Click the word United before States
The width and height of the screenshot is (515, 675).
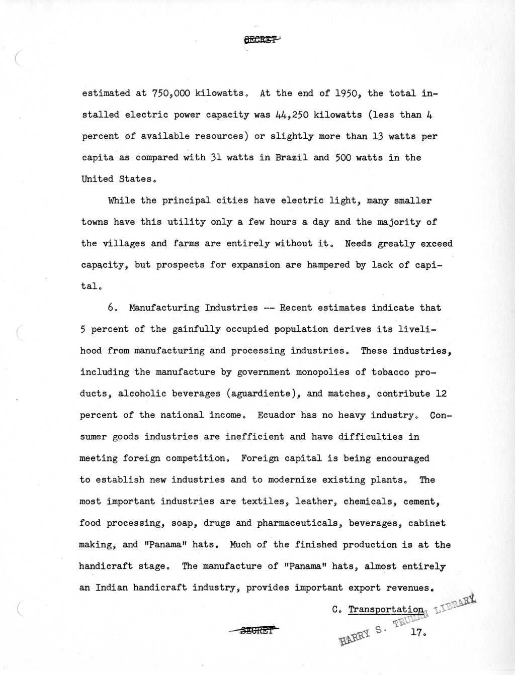[97, 179]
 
